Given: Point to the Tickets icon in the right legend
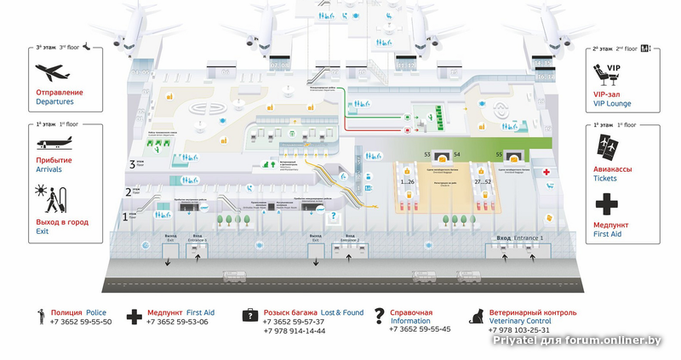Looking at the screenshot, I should click(607, 146).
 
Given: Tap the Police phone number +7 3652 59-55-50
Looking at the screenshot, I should click(81, 322).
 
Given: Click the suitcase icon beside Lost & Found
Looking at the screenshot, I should click(249, 316).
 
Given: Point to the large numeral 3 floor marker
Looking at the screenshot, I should click(132, 164).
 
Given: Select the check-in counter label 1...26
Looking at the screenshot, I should click(406, 181).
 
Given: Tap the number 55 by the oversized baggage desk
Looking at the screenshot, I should click(500, 154).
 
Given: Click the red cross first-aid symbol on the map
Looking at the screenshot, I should click(548, 173).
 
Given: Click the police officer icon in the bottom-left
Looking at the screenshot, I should click(41, 317).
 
